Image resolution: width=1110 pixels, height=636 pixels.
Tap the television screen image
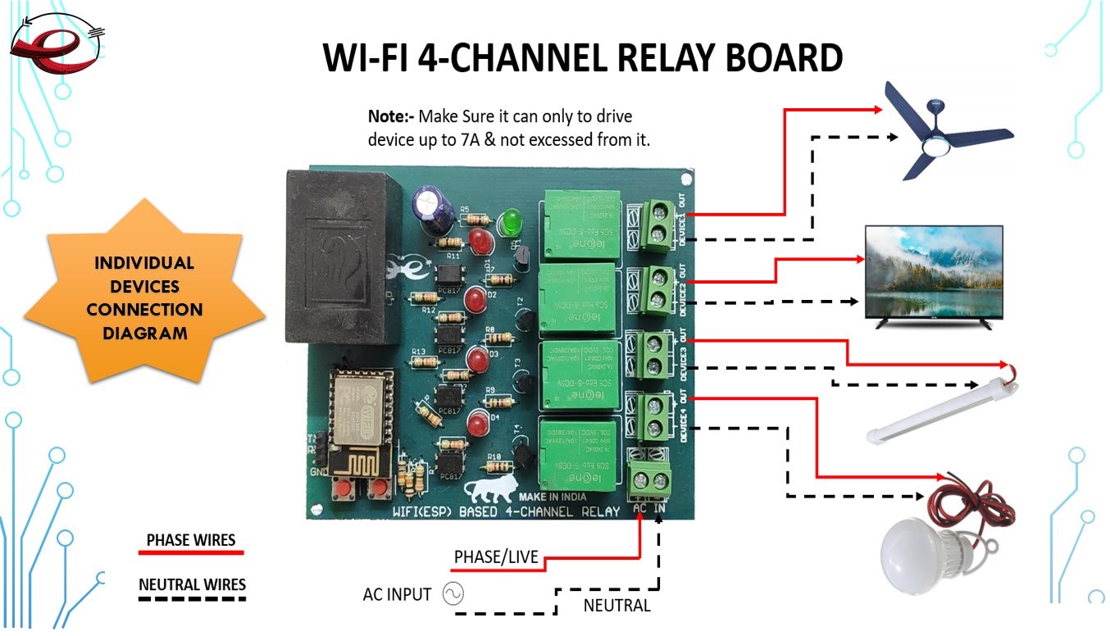[934, 273]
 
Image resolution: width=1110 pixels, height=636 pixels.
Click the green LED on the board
[512, 221]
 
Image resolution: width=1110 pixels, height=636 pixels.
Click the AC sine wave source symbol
[453, 593]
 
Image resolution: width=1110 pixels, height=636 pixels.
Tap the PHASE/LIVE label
[496, 557]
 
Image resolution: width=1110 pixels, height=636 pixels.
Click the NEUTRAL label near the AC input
[616, 606]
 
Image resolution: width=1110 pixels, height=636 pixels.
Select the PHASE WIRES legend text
[191, 540]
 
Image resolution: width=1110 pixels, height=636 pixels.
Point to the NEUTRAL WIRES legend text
[192, 584]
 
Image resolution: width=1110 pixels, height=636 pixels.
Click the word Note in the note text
[387, 116]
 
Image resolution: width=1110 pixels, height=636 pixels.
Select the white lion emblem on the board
[490, 490]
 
